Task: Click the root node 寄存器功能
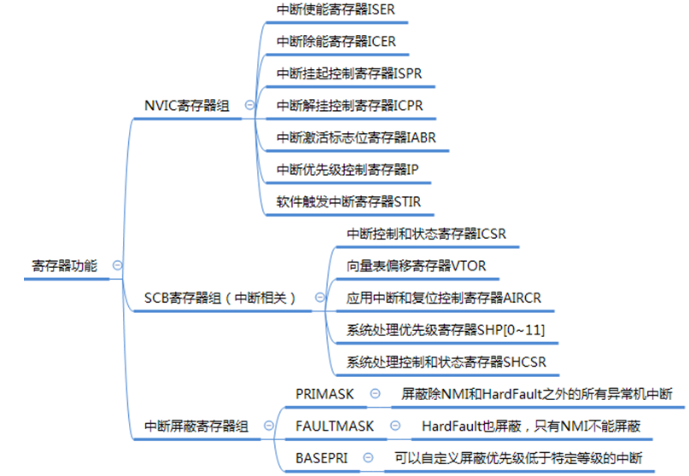[60, 265]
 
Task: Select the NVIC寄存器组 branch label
[187, 105]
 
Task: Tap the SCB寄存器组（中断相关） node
[220, 298]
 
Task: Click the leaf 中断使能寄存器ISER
[336, 9]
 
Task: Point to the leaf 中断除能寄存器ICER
[336, 41]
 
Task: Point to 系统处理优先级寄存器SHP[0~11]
[446, 329]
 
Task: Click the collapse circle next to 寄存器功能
[117, 265]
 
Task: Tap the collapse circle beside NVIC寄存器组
[249, 105]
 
